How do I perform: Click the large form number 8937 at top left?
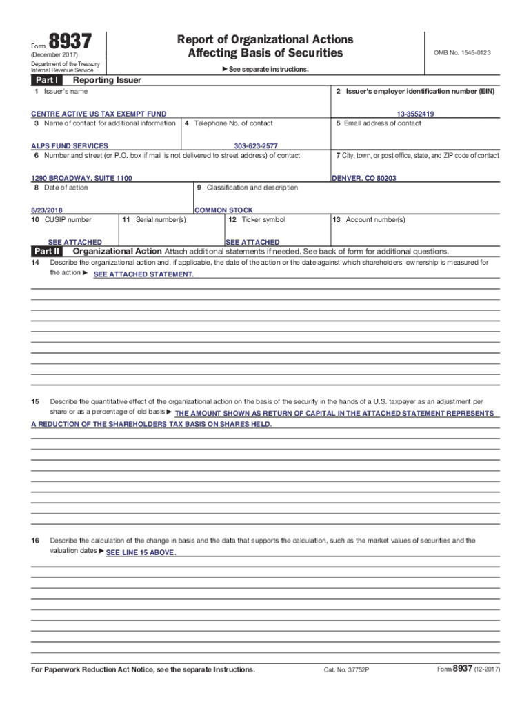point(70,43)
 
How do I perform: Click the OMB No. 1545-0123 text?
point(462,52)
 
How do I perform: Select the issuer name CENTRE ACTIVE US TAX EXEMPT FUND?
point(99,114)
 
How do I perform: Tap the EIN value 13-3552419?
point(415,114)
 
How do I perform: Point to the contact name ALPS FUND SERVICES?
point(70,146)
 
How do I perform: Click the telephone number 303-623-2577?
point(256,146)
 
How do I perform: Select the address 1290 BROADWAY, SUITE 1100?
point(81,178)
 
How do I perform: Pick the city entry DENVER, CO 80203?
point(364,178)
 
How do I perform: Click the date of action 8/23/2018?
point(51,210)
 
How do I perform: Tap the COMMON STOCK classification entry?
point(223,210)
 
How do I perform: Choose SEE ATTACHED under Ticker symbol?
point(252,242)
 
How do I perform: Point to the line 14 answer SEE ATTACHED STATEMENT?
point(143,275)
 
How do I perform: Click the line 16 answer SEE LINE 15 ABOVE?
point(141,554)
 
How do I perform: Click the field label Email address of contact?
point(379,123)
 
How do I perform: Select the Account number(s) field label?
point(369,220)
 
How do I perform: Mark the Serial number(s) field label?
point(154,220)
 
